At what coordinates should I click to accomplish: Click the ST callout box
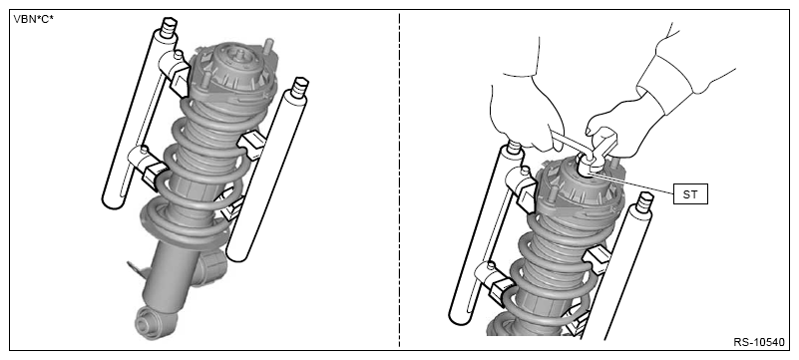point(690,194)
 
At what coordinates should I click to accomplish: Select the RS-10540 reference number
point(759,342)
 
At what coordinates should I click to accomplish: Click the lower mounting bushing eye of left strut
point(151,324)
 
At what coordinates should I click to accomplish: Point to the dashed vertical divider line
point(399,180)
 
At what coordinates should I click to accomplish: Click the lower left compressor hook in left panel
point(149,166)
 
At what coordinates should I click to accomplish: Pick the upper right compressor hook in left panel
point(252,145)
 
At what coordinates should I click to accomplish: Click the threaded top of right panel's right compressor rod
point(644,202)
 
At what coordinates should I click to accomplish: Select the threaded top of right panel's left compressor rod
point(514,147)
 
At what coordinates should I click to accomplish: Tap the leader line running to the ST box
point(632,183)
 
